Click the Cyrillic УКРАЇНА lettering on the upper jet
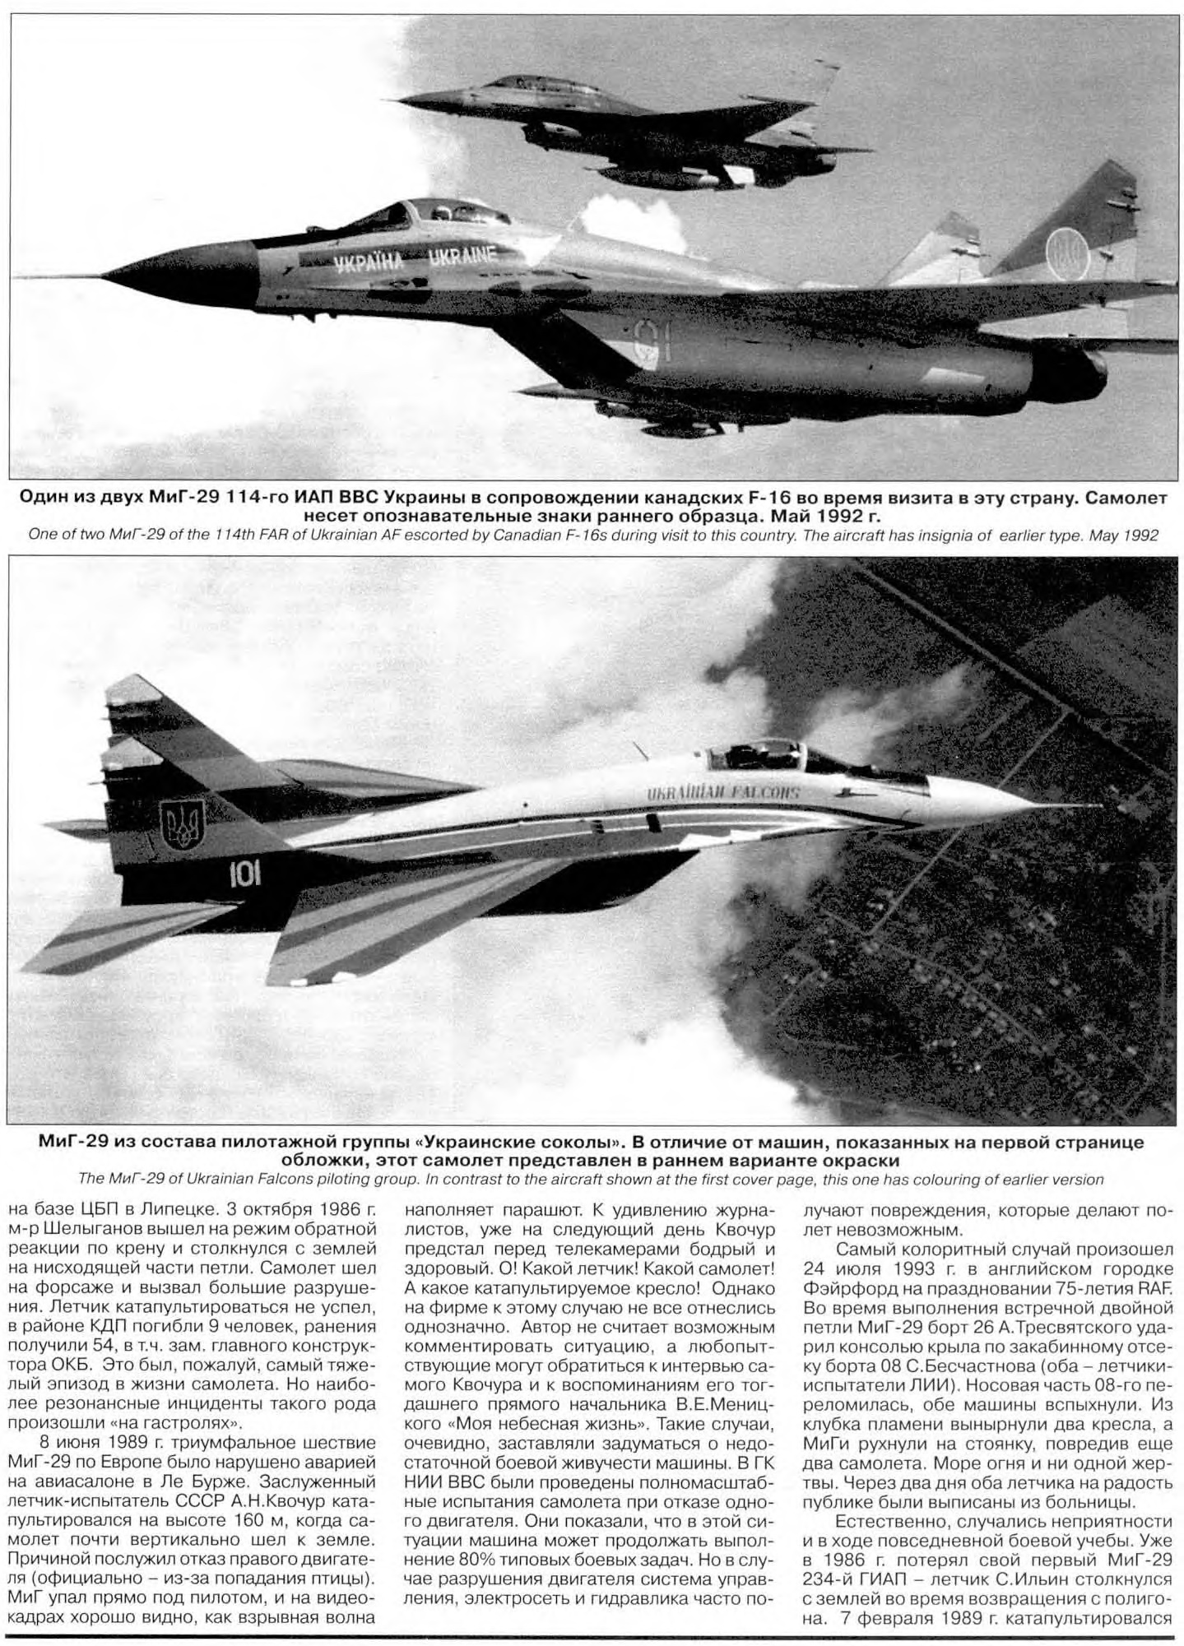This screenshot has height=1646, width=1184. [x=369, y=262]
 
